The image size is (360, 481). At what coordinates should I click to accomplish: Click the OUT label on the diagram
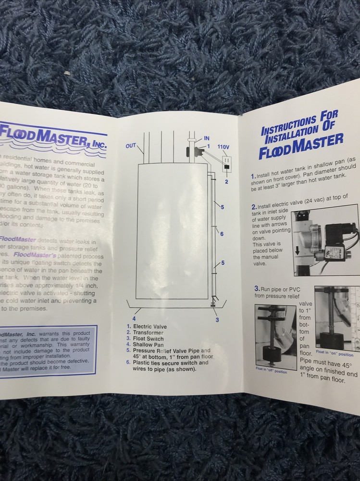tap(131, 146)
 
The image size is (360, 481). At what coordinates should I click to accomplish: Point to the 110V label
tap(223, 147)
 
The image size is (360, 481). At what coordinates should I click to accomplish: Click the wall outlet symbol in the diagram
tap(225, 166)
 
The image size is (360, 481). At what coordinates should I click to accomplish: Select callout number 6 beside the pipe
tap(222, 234)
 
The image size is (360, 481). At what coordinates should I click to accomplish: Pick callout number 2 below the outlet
tap(226, 182)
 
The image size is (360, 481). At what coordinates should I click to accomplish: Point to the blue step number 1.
tap(253, 177)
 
